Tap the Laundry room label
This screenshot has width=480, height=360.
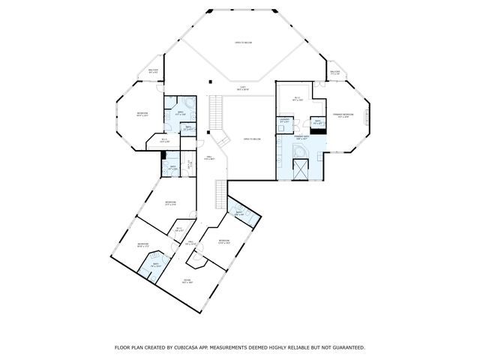coord(285,120)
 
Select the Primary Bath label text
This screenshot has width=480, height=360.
coord(301,139)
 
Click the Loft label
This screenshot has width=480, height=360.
coord(243,88)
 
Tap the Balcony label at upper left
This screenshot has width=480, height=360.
coord(153,70)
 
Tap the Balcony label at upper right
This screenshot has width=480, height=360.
coord(334,73)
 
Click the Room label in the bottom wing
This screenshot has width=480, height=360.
coord(187,281)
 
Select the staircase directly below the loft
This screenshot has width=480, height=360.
coord(217,113)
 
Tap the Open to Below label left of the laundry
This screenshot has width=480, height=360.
coord(251,139)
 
